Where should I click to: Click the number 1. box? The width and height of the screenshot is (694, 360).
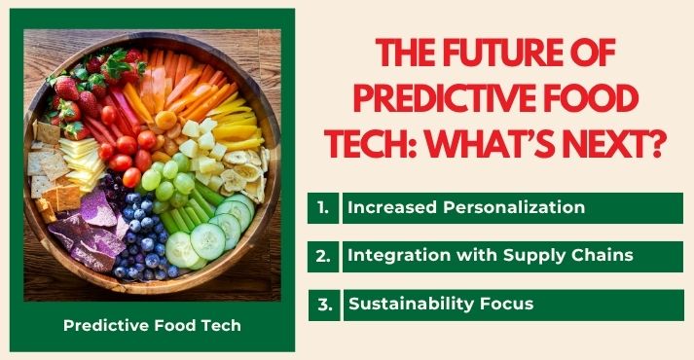pyautogui.click(x=322, y=208)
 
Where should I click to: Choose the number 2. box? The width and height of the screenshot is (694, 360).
pyautogui.click(x=322, y=256)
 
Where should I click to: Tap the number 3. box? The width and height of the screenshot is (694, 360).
pyautogui.click(x=324, y=304)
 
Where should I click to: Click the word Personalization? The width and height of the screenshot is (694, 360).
pyautogui.click(x=517, y=208)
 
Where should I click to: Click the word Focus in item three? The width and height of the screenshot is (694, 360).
pyautogui.click(x=504, y=304)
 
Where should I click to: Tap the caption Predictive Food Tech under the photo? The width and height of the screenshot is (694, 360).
pyautogui.click(x=152, y=325)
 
